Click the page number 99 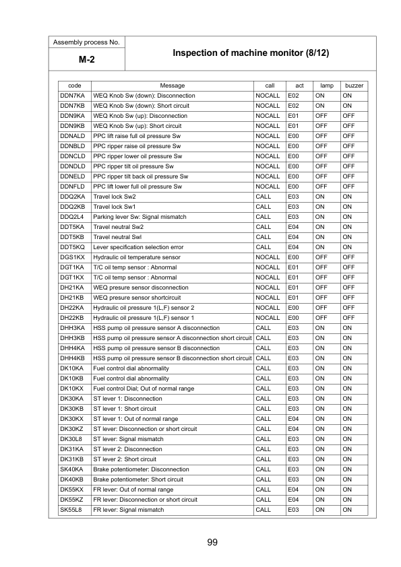[x=212, y=542]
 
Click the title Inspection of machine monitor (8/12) [x=251, y=53]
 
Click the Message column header [x=172, y=86]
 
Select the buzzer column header [x=354, y=86]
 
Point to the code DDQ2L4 [x=71, y=217]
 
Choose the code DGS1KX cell [x=71, y=257]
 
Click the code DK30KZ [x=71, y=429]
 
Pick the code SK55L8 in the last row [x=71, y=510]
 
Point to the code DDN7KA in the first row [x=71, y=96]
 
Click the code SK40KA [x=71, y=469]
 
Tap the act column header [x=299, y=86]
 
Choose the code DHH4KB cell [x=71, y=358]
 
